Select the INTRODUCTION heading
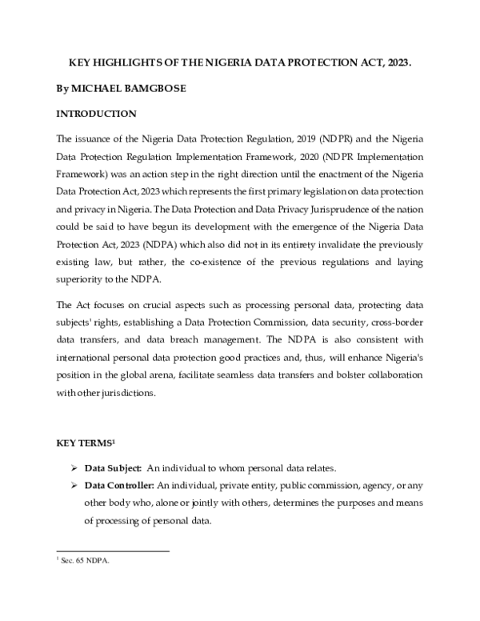96,114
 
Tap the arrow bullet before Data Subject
74,468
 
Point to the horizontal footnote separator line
112,551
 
